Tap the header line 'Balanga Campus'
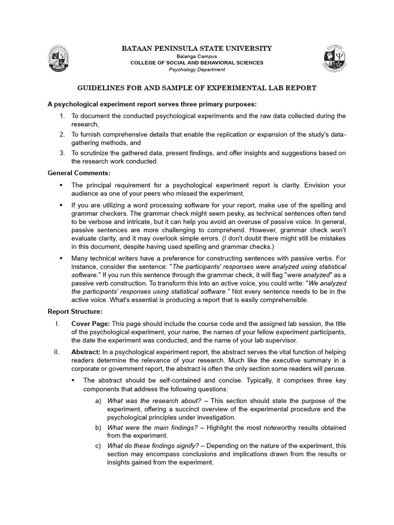click(x=197, y=56)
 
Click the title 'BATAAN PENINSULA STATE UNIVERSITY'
click(x=196, y=48)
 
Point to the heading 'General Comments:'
click(x=75, y=173)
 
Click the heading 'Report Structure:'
click(x=75, y=311)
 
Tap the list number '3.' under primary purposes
click(x=61, y=153)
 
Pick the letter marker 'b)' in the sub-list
click(x=98, y=427)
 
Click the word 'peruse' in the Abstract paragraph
click(x=334, y=369)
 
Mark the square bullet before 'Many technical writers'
click(x=61, y=259)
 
